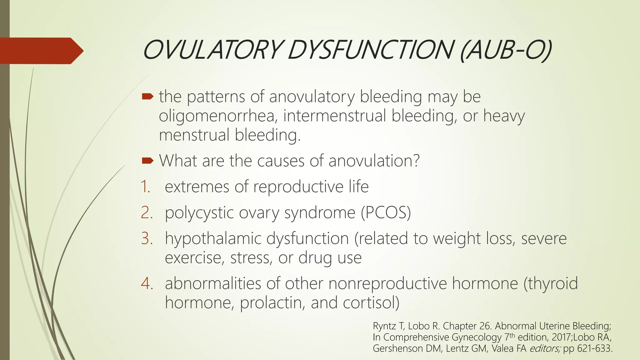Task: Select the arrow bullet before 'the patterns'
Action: [147, 97]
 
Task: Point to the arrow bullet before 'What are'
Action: [147, 161]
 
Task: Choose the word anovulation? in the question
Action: [374, 161]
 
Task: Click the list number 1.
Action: [146, 187]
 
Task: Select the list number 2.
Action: [147, 213]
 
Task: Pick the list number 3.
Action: [147, 239]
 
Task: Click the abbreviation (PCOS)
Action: [386, 213]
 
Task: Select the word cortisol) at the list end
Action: [371, 303]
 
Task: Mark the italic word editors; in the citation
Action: [545, 348]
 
